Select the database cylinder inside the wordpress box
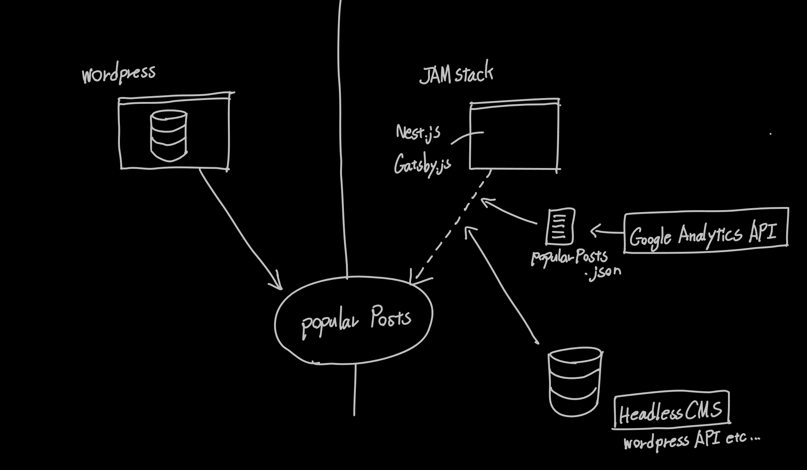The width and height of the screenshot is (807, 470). click(x=168, y=135)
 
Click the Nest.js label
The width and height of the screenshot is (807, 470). click(x=418, y=133)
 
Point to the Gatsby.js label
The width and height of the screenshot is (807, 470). click(x=422, y=165)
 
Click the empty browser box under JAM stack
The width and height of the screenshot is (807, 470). click(x=515, y=135)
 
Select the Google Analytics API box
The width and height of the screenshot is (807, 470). click(x=706, y=231)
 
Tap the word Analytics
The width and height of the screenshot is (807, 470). click(x=709, y=235)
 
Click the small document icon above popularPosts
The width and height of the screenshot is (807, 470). click(x=560, y=226)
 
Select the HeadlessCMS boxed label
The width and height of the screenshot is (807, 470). click(x=671, y=411)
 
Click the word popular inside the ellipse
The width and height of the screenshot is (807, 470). click(x=330, y=322)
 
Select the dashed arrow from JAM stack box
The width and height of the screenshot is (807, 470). click(x=451, y=228)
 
